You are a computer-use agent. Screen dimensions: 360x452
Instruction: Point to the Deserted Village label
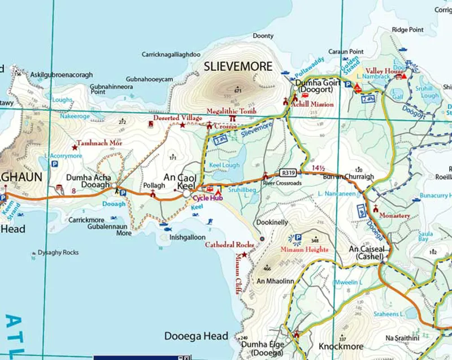(178, 118)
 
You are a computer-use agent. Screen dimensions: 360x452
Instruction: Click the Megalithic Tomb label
(232, 111)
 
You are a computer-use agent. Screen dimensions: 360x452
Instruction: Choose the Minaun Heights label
(305, 249)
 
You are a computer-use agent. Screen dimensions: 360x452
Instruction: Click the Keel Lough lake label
(224, 166)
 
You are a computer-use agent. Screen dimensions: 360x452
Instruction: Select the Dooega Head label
(197, 336)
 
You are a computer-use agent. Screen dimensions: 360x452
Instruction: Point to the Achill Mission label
(311, 105)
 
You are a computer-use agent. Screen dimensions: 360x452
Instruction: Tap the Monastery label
(395, 215)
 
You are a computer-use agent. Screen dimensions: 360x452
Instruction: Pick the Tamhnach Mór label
(99, 144)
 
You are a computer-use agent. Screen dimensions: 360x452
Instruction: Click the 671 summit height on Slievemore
(238, 90)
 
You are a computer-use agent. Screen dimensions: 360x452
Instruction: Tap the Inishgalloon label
(187, 237)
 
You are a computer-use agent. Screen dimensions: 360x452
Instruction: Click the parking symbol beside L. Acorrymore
(55, 163)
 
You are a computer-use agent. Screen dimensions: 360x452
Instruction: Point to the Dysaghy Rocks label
(58, 253)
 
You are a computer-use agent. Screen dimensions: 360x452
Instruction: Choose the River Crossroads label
(282, 184)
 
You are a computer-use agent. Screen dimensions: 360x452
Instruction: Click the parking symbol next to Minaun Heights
(298, 238)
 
